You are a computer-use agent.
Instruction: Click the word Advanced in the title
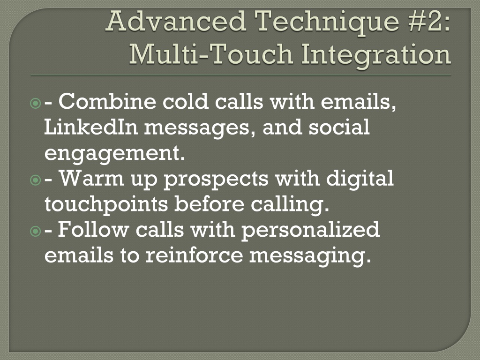[176, 21]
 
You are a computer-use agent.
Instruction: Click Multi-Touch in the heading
[211, 54]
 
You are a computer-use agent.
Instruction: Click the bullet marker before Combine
[36, 103]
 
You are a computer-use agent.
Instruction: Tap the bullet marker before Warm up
[36, 180]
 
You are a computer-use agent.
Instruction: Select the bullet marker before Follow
[36, 231]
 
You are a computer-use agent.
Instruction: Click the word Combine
[107, 101]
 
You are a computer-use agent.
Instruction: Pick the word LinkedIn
[91, 127]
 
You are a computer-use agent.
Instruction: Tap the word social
[339, 127]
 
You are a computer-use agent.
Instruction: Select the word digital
[360, 179]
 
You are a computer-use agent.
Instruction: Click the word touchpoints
[106, 204]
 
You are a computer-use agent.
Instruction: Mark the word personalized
[311, 231]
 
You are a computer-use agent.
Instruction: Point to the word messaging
[310, 256]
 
